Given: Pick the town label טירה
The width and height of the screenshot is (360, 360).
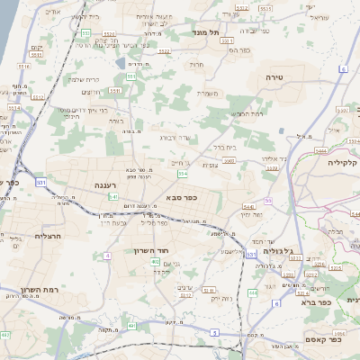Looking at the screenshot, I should pyautogui.click(x=274, y=78).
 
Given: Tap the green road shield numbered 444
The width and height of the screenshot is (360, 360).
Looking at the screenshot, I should pyautogui.click(x=254, y=292).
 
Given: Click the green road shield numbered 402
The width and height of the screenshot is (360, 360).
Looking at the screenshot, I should pyautogui.click(x=156, y=261).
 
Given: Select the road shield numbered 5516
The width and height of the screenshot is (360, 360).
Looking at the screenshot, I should pyautogui.click(x=24, y=66).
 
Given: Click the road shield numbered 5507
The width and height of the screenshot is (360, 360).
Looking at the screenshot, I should pyautogui.click(x=229, y=161).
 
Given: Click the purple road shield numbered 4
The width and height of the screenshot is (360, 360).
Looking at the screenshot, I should pyautogui.click(x=107, y=256).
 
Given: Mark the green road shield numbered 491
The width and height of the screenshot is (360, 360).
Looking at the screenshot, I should pyautogui.click(x=131, y=325).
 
